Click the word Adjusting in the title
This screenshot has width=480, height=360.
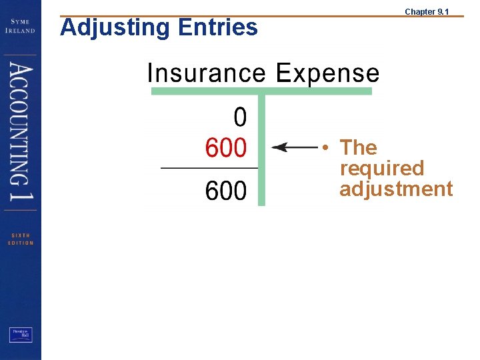tap(107, 28)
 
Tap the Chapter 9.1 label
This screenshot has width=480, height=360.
tap(427, 11)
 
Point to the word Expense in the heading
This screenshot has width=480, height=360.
tap(327, 73)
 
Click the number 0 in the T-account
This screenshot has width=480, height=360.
tap(240, 118)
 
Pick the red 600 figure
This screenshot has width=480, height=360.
tap(225, 148)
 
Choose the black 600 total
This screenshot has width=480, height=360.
tap(225, 192)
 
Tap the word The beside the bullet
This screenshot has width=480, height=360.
tap(358, 147)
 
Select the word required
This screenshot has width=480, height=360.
tap(381, 168)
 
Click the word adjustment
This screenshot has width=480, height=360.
tap(396, 189)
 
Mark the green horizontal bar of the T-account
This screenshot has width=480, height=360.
tap(261, 91)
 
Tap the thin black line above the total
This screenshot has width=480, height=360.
tap(209, 168)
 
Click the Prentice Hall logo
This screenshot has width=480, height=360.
tap(21, 335)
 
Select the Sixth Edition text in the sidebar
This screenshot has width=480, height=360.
tap(21, 239)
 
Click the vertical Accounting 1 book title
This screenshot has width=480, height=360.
tap(21, 133)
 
